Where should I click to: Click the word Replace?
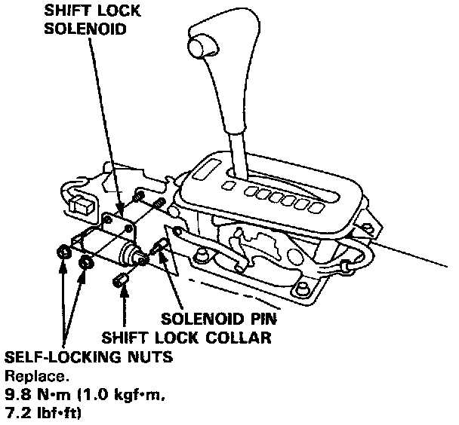click(29, 375)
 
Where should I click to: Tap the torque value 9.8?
click(18, 393)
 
